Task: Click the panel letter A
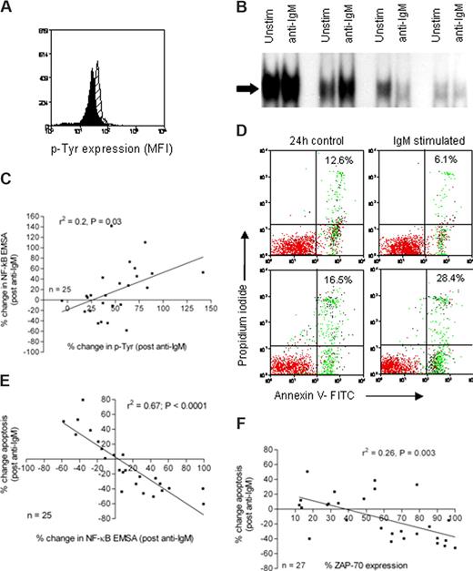(8, 8)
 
